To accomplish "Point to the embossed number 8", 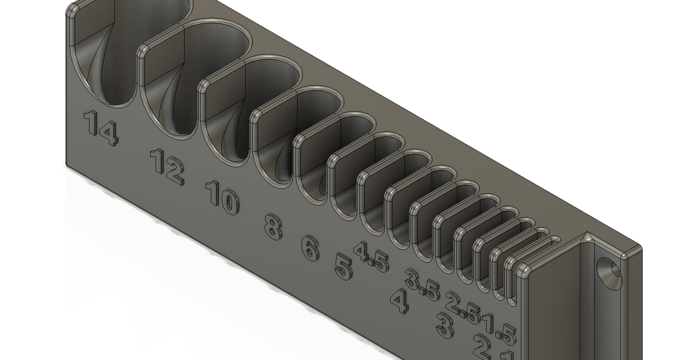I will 273,227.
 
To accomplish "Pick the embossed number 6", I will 310,248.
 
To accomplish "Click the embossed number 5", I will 343,267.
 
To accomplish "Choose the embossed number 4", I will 400,301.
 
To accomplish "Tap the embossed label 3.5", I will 422,285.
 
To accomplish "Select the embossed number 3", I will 444,325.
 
